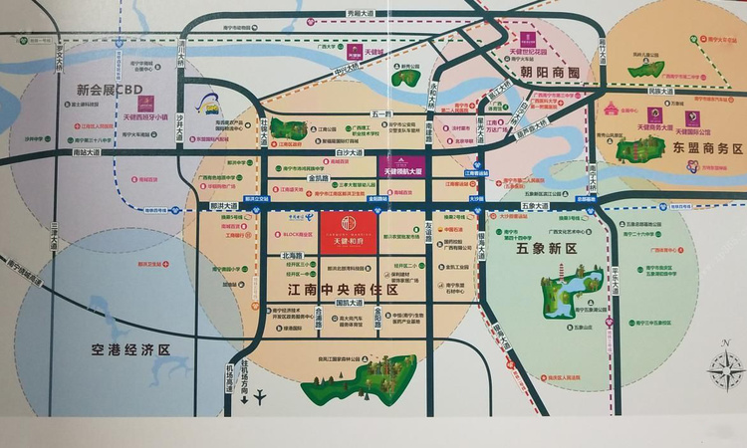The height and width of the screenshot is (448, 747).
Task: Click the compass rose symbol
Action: coord(726,369)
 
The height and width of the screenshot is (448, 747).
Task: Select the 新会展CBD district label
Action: coord(109,89)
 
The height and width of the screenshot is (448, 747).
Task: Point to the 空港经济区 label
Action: coord(124,349)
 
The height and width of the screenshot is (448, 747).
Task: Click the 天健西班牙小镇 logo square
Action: coord(144,102)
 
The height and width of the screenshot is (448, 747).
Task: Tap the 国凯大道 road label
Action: coord(351,302)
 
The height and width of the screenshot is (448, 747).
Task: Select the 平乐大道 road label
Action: coord(616,274)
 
